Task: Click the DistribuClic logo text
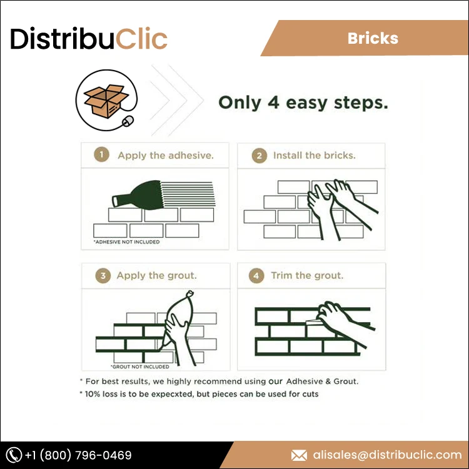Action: click(89, 39)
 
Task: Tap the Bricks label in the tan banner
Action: click(373, 38)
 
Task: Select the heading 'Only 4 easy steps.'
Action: click(303, 103)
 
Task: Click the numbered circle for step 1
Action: click(101, 155)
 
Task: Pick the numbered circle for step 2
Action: click(259, 156)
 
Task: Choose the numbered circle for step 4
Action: click(256, 275)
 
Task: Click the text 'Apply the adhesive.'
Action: click(166, 155)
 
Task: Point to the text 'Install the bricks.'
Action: click(314, 155)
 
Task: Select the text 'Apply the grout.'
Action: click(157, 275)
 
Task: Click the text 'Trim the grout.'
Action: click(307, 275)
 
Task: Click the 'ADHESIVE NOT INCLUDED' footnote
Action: click(126, 241)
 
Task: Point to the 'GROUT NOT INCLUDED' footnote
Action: click(139, 367)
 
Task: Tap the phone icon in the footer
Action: click(14, 455)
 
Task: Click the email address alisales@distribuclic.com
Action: click(386, 455)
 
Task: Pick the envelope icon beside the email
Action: click(300, 455)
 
